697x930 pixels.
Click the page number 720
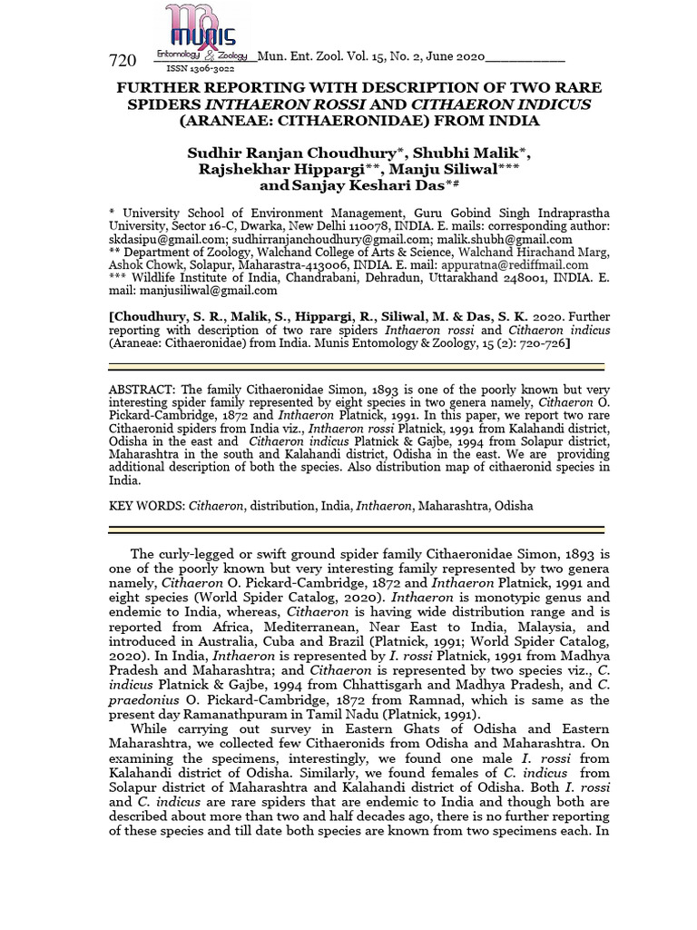pyautogui.click(x=123, y=61)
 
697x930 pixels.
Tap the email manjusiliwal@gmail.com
pyautogui.click(x=207, y=291)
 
